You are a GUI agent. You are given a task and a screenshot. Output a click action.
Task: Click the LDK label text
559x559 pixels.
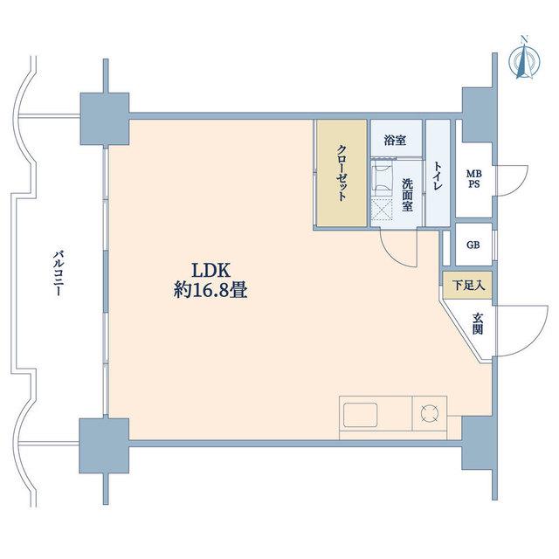(211, 271)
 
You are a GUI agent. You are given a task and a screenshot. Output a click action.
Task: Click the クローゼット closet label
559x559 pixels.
(342, 173)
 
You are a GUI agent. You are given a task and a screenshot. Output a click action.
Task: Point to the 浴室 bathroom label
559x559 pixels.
(395, 141)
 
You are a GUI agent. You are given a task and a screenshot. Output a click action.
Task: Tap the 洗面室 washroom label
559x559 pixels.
(408, 195)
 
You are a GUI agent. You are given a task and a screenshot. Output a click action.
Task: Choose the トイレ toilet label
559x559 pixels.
(438, 176)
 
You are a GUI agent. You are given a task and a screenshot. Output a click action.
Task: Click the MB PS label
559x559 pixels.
(474, 179)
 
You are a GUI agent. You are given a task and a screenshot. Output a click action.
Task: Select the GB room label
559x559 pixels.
(473, 245)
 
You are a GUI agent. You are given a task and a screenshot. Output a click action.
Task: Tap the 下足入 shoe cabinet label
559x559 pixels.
(468, 286)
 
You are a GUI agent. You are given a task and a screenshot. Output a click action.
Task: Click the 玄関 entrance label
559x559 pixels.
(478, 324)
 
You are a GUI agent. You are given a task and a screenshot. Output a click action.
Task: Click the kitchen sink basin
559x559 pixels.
(360, 416)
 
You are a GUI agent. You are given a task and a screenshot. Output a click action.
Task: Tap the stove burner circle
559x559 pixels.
(429, 413)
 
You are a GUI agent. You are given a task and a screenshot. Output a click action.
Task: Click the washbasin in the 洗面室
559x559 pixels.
(382, 178)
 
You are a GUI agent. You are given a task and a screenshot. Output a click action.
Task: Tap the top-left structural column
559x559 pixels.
(105, 119)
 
